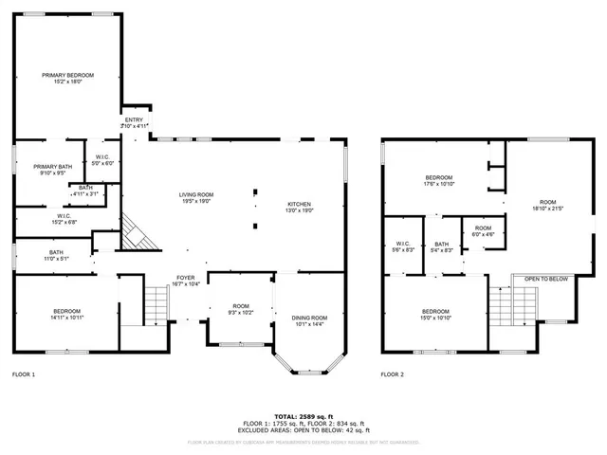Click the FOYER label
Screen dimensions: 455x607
pos(185,278)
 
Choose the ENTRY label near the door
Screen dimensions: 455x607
pos(134,119)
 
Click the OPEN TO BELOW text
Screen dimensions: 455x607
pos(546,279)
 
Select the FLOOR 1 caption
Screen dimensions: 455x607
pos(23,375)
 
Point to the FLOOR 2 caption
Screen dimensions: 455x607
pos(393,375)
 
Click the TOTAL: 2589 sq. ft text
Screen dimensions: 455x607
pos(303,416)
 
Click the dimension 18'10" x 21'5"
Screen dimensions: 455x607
pos(547,208)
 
